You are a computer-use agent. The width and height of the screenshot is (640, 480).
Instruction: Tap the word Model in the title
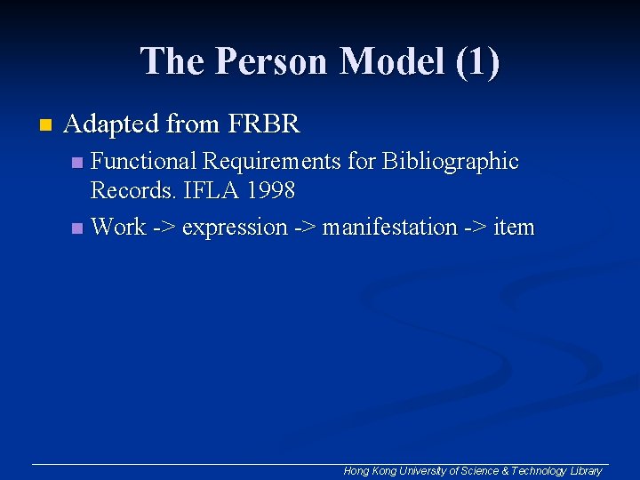[391, 61]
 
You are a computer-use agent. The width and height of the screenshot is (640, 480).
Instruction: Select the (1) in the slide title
[476, 61]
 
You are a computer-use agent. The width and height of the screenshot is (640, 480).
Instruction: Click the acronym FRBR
[264, 124]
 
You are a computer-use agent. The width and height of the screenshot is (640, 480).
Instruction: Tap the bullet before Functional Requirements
[77, 163]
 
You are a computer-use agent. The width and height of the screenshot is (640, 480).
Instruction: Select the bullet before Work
[77, 228]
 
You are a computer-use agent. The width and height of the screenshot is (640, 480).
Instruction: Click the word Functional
[144, 162]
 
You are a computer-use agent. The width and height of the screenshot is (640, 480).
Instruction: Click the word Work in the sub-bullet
[118, 228]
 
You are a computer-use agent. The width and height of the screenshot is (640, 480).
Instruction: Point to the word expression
[235, 228]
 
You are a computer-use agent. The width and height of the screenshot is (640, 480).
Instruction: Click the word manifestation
[389, 228]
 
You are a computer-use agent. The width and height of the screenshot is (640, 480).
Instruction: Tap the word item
[514, 228]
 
